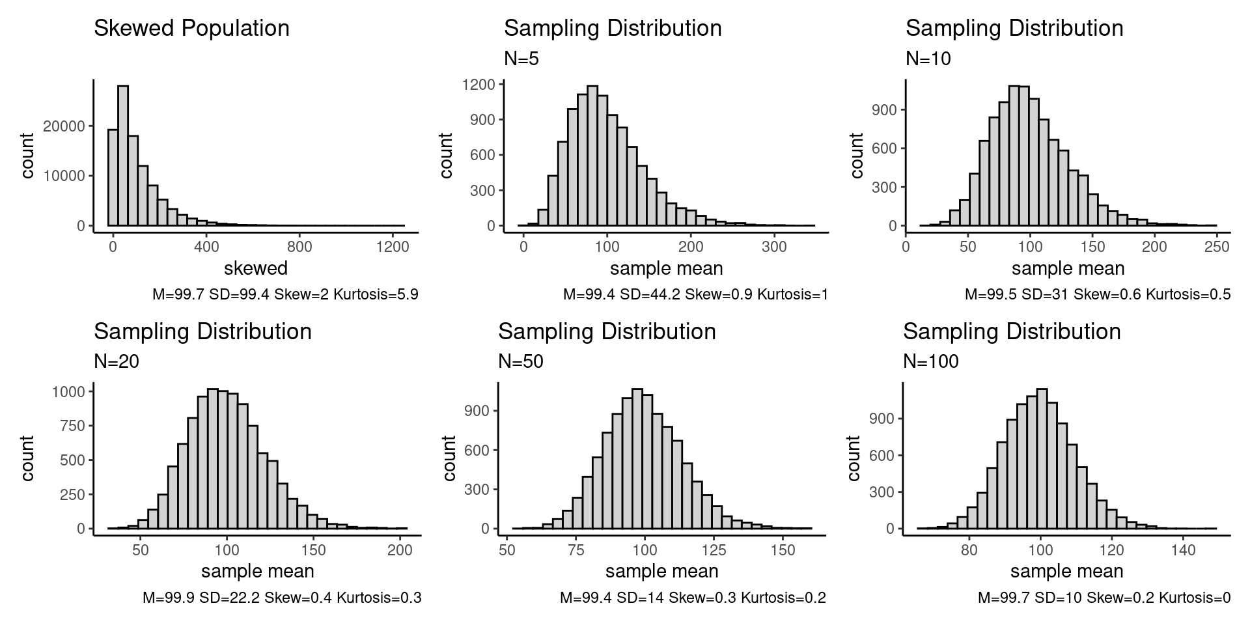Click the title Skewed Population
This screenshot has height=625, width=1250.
[x=191, y=29]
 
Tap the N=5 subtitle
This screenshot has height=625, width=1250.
[x=521, y=59]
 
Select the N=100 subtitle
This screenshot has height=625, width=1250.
[x=930, y=362]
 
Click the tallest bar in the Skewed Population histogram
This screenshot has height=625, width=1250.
[x=123, y=156]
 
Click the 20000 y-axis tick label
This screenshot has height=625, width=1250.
[x=64, y=126]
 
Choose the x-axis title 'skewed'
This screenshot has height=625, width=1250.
[x=255, y=268]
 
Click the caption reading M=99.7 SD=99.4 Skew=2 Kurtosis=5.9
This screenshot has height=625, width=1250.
[x=285, y=295]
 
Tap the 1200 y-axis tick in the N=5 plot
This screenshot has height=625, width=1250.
[x=480, y=85]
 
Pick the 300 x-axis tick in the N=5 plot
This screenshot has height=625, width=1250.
[x=774, y=247]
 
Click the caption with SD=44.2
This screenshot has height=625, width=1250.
[x=695, y=295]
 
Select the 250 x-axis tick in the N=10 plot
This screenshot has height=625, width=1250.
[x=1217, y=247]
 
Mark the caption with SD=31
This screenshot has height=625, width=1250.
[x=1098, y=295]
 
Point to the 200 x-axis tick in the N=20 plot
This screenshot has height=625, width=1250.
[x=400, y=550]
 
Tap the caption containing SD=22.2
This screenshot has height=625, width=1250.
[x=282, y=598]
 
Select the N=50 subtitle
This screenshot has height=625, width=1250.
[x=520, y=362]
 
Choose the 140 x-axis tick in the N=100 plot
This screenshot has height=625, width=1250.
[x=1183, y=550]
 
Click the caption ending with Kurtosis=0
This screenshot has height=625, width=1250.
[x=1104, y=598]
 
